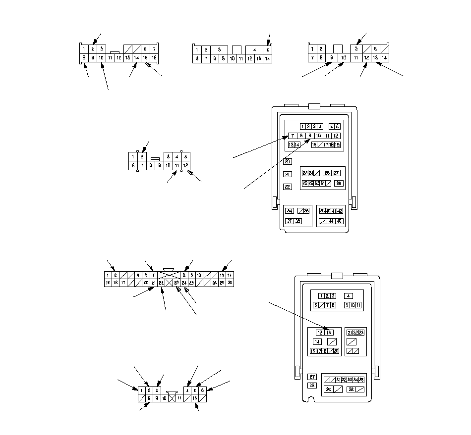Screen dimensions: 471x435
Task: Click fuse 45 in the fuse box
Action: [339, 221]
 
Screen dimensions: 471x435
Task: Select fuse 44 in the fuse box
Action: [331, 221]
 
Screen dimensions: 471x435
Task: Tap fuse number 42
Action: [340, 211]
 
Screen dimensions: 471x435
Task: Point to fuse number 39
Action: [322, 211]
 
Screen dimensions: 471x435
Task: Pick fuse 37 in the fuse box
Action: [290, 221]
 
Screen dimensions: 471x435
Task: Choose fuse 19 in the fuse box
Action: [338, 145]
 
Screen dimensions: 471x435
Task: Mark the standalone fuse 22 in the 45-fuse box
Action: [288, 187]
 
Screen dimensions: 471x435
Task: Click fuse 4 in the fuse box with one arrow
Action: [349, 296]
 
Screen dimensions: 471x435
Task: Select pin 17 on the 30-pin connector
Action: [123, 283]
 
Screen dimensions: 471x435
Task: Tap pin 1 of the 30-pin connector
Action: [107, 275]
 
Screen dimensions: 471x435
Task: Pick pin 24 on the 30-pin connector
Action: [184, 283]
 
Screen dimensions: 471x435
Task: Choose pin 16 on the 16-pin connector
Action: [154, 58]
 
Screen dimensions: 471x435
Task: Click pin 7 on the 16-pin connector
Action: [154, 49]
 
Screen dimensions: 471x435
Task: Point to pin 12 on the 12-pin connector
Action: [185, 165]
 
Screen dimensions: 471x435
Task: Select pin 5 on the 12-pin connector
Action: [185, 156]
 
